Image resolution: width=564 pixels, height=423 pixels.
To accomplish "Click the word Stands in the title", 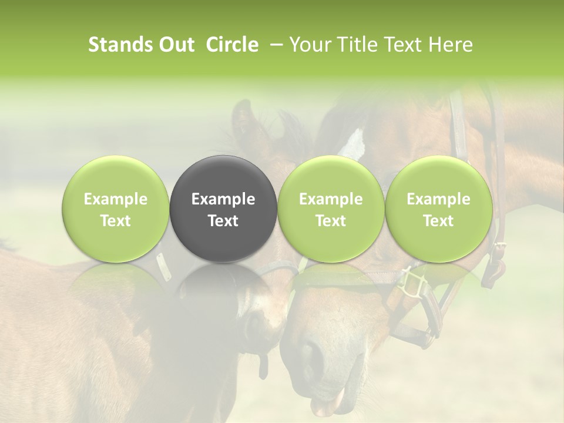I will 119,45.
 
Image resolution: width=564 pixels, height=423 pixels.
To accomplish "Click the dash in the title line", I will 274,45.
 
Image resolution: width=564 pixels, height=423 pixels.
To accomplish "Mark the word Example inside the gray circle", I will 223,199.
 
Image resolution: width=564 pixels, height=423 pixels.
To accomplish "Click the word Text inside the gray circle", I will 223,221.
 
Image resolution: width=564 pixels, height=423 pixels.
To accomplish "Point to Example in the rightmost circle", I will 438,199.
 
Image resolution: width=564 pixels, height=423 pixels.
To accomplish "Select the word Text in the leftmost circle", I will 116,221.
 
